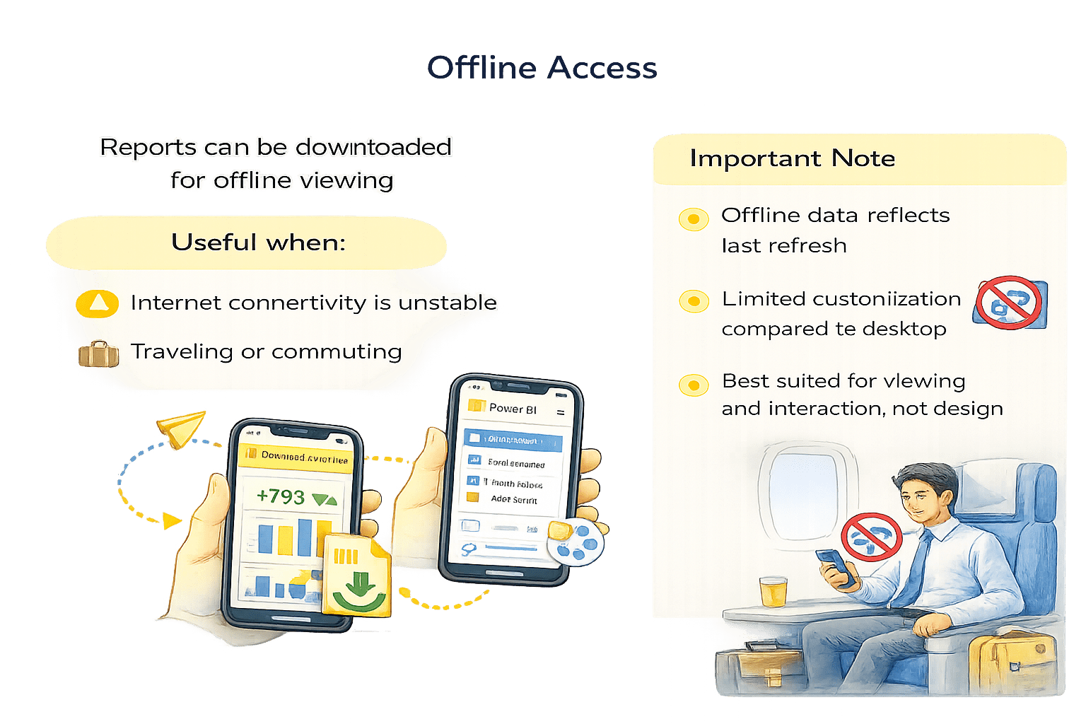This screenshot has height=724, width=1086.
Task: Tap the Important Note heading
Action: point(792,158)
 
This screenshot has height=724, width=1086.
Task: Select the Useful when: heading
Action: point(258,243)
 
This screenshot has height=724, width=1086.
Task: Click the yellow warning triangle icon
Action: point(98,303)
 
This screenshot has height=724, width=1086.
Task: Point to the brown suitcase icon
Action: point(98,354)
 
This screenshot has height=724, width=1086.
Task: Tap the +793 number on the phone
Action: point(281,496)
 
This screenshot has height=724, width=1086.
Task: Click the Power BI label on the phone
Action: point(513,409)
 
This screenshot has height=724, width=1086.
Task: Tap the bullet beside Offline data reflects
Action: point(693,219)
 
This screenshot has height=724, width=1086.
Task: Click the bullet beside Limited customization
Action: point(693,301)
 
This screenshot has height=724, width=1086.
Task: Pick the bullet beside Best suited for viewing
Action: point(693,385)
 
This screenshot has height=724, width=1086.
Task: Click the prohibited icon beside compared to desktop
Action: point(1010,303)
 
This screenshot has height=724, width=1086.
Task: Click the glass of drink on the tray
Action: point(772,591)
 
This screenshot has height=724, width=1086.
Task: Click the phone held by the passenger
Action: point(835,566)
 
